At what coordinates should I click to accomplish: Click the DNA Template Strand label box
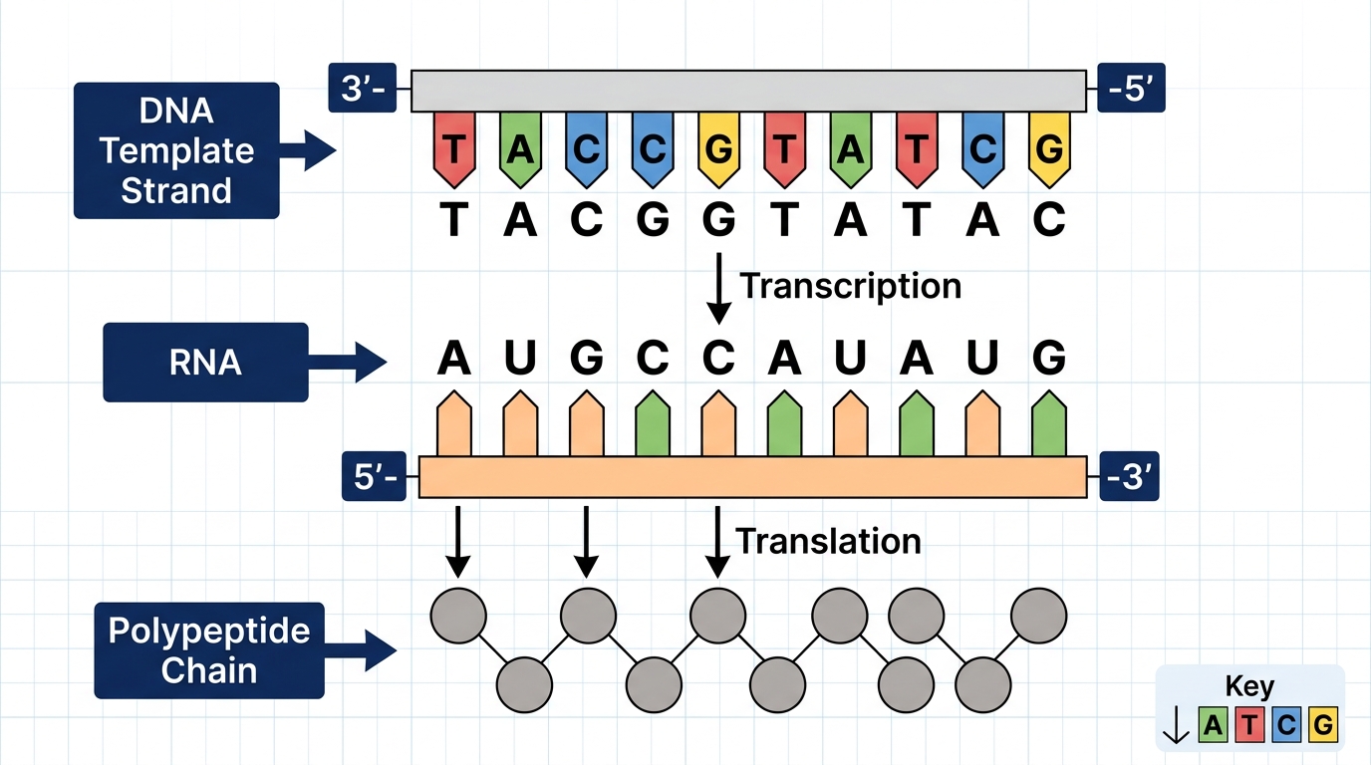pos(176,150)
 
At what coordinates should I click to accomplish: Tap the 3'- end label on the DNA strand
pos(363,88)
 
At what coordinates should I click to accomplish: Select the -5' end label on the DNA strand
pos(1131,88)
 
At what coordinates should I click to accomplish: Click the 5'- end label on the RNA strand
pos(374,476)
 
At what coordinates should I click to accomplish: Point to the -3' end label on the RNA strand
pos(1129,476)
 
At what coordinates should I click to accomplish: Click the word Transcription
pos(851,287)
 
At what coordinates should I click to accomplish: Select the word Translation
pos(828,541)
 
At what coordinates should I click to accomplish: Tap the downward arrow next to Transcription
pos(719,288)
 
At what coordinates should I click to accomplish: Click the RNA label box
pos(205,363)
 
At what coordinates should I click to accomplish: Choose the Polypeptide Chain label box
pos(209,650)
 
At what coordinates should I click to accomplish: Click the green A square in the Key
pos(1214,725)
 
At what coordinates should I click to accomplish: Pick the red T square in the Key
pos(1249,725)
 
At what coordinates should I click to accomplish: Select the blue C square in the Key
pos(1286,725)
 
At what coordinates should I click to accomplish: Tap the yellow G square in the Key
pos(1323,725)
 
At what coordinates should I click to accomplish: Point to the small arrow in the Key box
pos(1176,725)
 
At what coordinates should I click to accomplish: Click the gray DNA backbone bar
pos(748,92)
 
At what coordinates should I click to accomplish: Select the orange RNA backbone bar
pos(753,477)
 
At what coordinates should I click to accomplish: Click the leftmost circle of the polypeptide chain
pos(458,616)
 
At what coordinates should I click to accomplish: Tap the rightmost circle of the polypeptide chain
pos(1038,616)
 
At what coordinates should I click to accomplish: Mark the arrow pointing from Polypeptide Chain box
pos(360,650)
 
